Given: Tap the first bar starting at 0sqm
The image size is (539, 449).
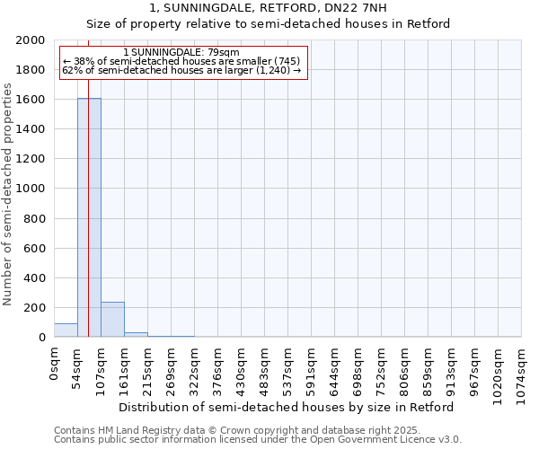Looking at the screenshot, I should tap(66, 330).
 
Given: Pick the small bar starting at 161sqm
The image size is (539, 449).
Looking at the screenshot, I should tap(136, 335).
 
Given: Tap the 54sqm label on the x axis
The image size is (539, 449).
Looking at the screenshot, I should tap(78, 363).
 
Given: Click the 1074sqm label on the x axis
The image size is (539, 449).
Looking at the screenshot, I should tap(522, 368).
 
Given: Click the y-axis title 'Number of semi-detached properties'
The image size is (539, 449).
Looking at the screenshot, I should tap(8, 194).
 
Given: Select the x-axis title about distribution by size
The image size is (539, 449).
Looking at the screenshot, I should tap(286, 407).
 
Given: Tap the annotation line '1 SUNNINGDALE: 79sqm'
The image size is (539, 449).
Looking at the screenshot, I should tap(181, 53).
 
